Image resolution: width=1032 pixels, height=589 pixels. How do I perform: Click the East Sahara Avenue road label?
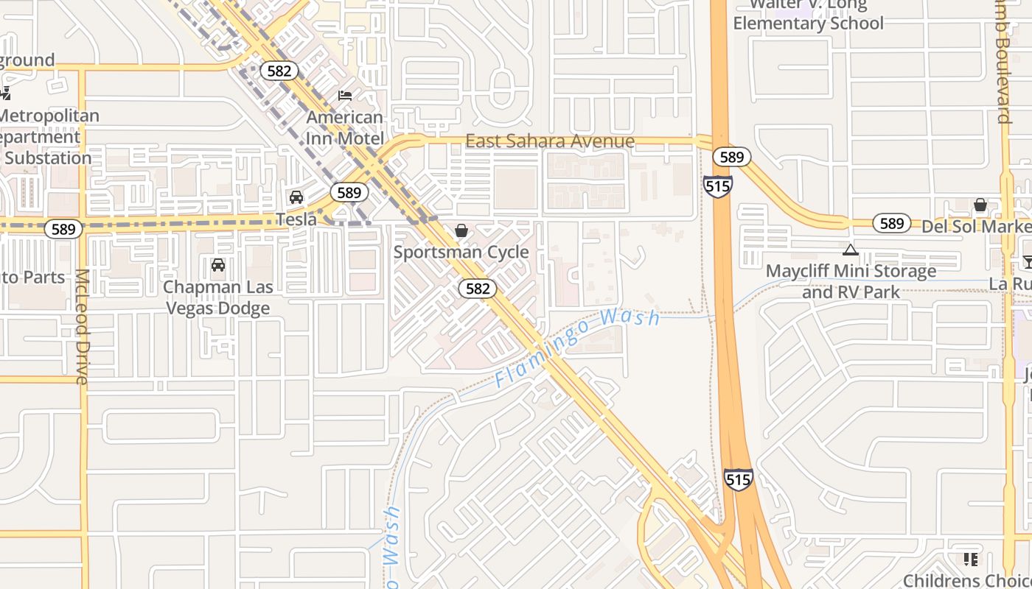coord(550,141)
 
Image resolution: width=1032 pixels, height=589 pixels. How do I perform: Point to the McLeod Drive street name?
coord(81,326)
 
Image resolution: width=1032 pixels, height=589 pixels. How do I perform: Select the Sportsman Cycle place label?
coord(461,252)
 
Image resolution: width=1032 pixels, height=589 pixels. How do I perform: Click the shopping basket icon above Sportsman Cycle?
coord(461,231)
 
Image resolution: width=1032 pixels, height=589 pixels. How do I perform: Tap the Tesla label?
coord(296,219)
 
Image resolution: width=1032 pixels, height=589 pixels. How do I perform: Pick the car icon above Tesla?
coord(296,197)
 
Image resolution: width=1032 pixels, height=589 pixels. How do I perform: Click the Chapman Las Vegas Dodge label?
coord(218,297)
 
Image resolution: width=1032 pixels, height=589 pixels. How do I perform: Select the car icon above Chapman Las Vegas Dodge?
coord(218,265)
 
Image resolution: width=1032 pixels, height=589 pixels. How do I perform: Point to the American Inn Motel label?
coord(345,127)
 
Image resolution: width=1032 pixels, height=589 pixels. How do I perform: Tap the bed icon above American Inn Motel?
coord(345,95)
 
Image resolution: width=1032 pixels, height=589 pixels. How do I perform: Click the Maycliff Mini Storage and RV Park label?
coord(851,281)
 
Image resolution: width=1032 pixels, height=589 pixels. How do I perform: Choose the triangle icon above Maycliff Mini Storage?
coord(851,250)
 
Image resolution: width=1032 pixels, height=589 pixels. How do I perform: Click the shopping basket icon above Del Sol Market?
coord(980,205)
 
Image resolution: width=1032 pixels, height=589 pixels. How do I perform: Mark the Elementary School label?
coord(808,23)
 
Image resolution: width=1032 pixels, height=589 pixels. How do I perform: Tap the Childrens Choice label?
coord(967,580)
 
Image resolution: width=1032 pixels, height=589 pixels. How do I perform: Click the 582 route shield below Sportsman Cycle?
coord(478,289)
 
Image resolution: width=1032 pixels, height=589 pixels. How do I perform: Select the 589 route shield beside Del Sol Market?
coord(891,223)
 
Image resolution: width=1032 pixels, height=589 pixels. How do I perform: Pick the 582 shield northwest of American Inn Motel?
coord(279,71)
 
